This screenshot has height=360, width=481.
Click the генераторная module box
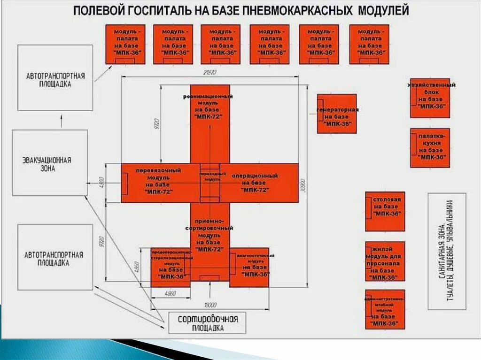pos(336,114)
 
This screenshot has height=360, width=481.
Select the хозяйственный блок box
pos(430,98)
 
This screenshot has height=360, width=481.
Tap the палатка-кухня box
pos(430,147)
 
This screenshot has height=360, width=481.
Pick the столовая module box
pos(385,211)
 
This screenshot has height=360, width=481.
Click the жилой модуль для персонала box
pos(385,261)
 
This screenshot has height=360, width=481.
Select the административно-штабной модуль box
pos(385,310)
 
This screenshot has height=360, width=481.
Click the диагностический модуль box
pos(249,267)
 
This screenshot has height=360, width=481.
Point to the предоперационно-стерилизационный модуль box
pos(170,267)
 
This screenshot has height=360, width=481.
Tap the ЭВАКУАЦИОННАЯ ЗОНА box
pos(49,162)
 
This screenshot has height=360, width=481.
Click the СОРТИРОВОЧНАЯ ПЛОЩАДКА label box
pos(208,322)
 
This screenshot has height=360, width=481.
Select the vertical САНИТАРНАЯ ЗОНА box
pos(447,251)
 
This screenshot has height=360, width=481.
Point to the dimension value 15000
pos(209,305)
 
